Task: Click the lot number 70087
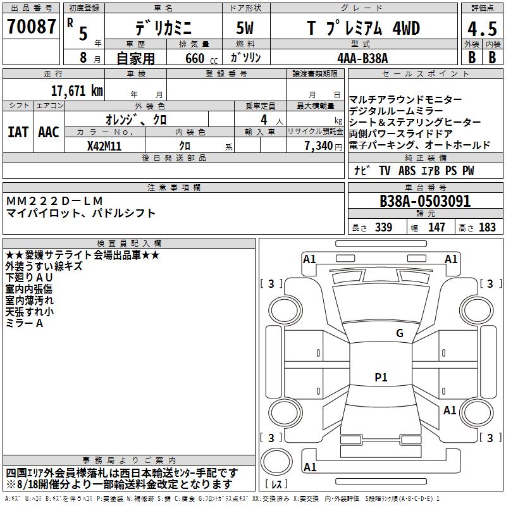(31, 26)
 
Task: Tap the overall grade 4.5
(482, 28)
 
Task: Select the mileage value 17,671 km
(77, 90)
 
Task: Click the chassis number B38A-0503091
(425, 201)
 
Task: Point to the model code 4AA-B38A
(362, 58)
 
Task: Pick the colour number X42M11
(104, 146)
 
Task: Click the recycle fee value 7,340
(319, 145)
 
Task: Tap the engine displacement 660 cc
(201, 58)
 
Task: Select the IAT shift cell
(18, 132)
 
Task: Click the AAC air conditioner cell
(49, 132)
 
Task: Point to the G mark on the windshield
(400, 333)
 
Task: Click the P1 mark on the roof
(381, 377)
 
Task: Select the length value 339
(383, 227)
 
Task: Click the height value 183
(487, 227)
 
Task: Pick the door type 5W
(245, 28)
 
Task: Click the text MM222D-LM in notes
(54, 201)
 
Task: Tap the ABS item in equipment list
(407, 170)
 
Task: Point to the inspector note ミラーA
(24, 323)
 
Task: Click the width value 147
(436, 227)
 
